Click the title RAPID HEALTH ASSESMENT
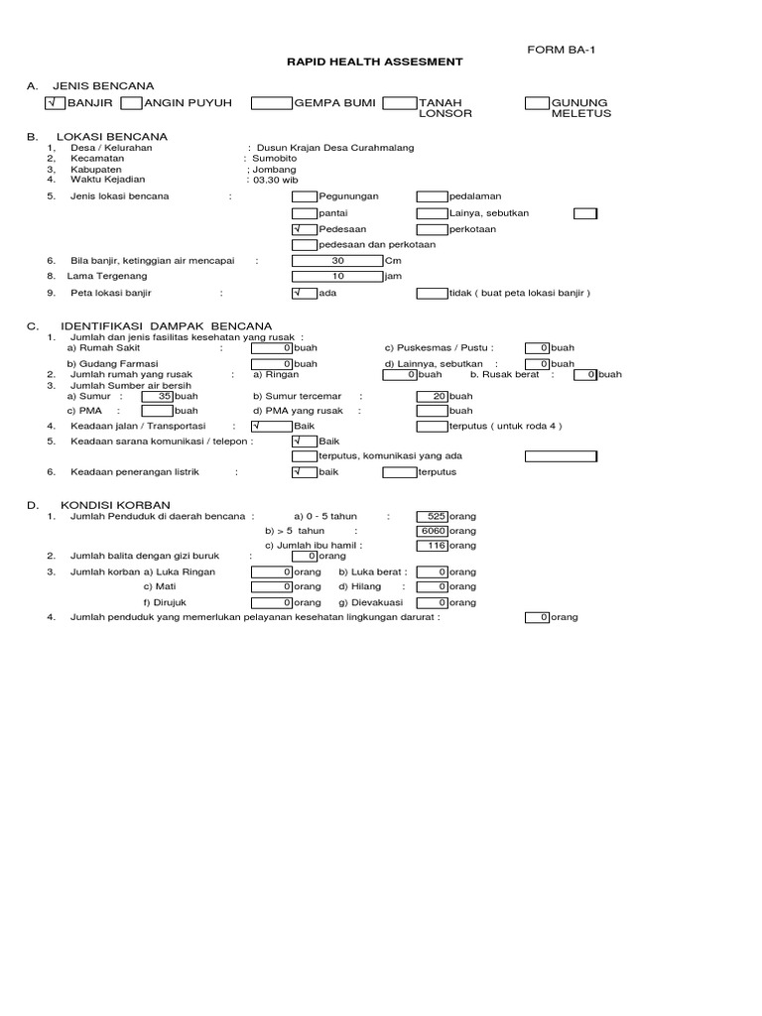coord(373,62)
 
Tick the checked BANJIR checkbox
coord(55,103)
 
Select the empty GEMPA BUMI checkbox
coord(271,103)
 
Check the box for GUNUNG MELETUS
coord(536,103)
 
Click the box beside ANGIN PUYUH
coord(131,103)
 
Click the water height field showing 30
coord(337,261)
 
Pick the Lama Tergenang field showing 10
coord(337,276)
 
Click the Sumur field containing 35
coord(158,395)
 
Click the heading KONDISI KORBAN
coord(115,505)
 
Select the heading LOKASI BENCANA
coord(112,136)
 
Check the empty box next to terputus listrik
coord(400,472)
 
